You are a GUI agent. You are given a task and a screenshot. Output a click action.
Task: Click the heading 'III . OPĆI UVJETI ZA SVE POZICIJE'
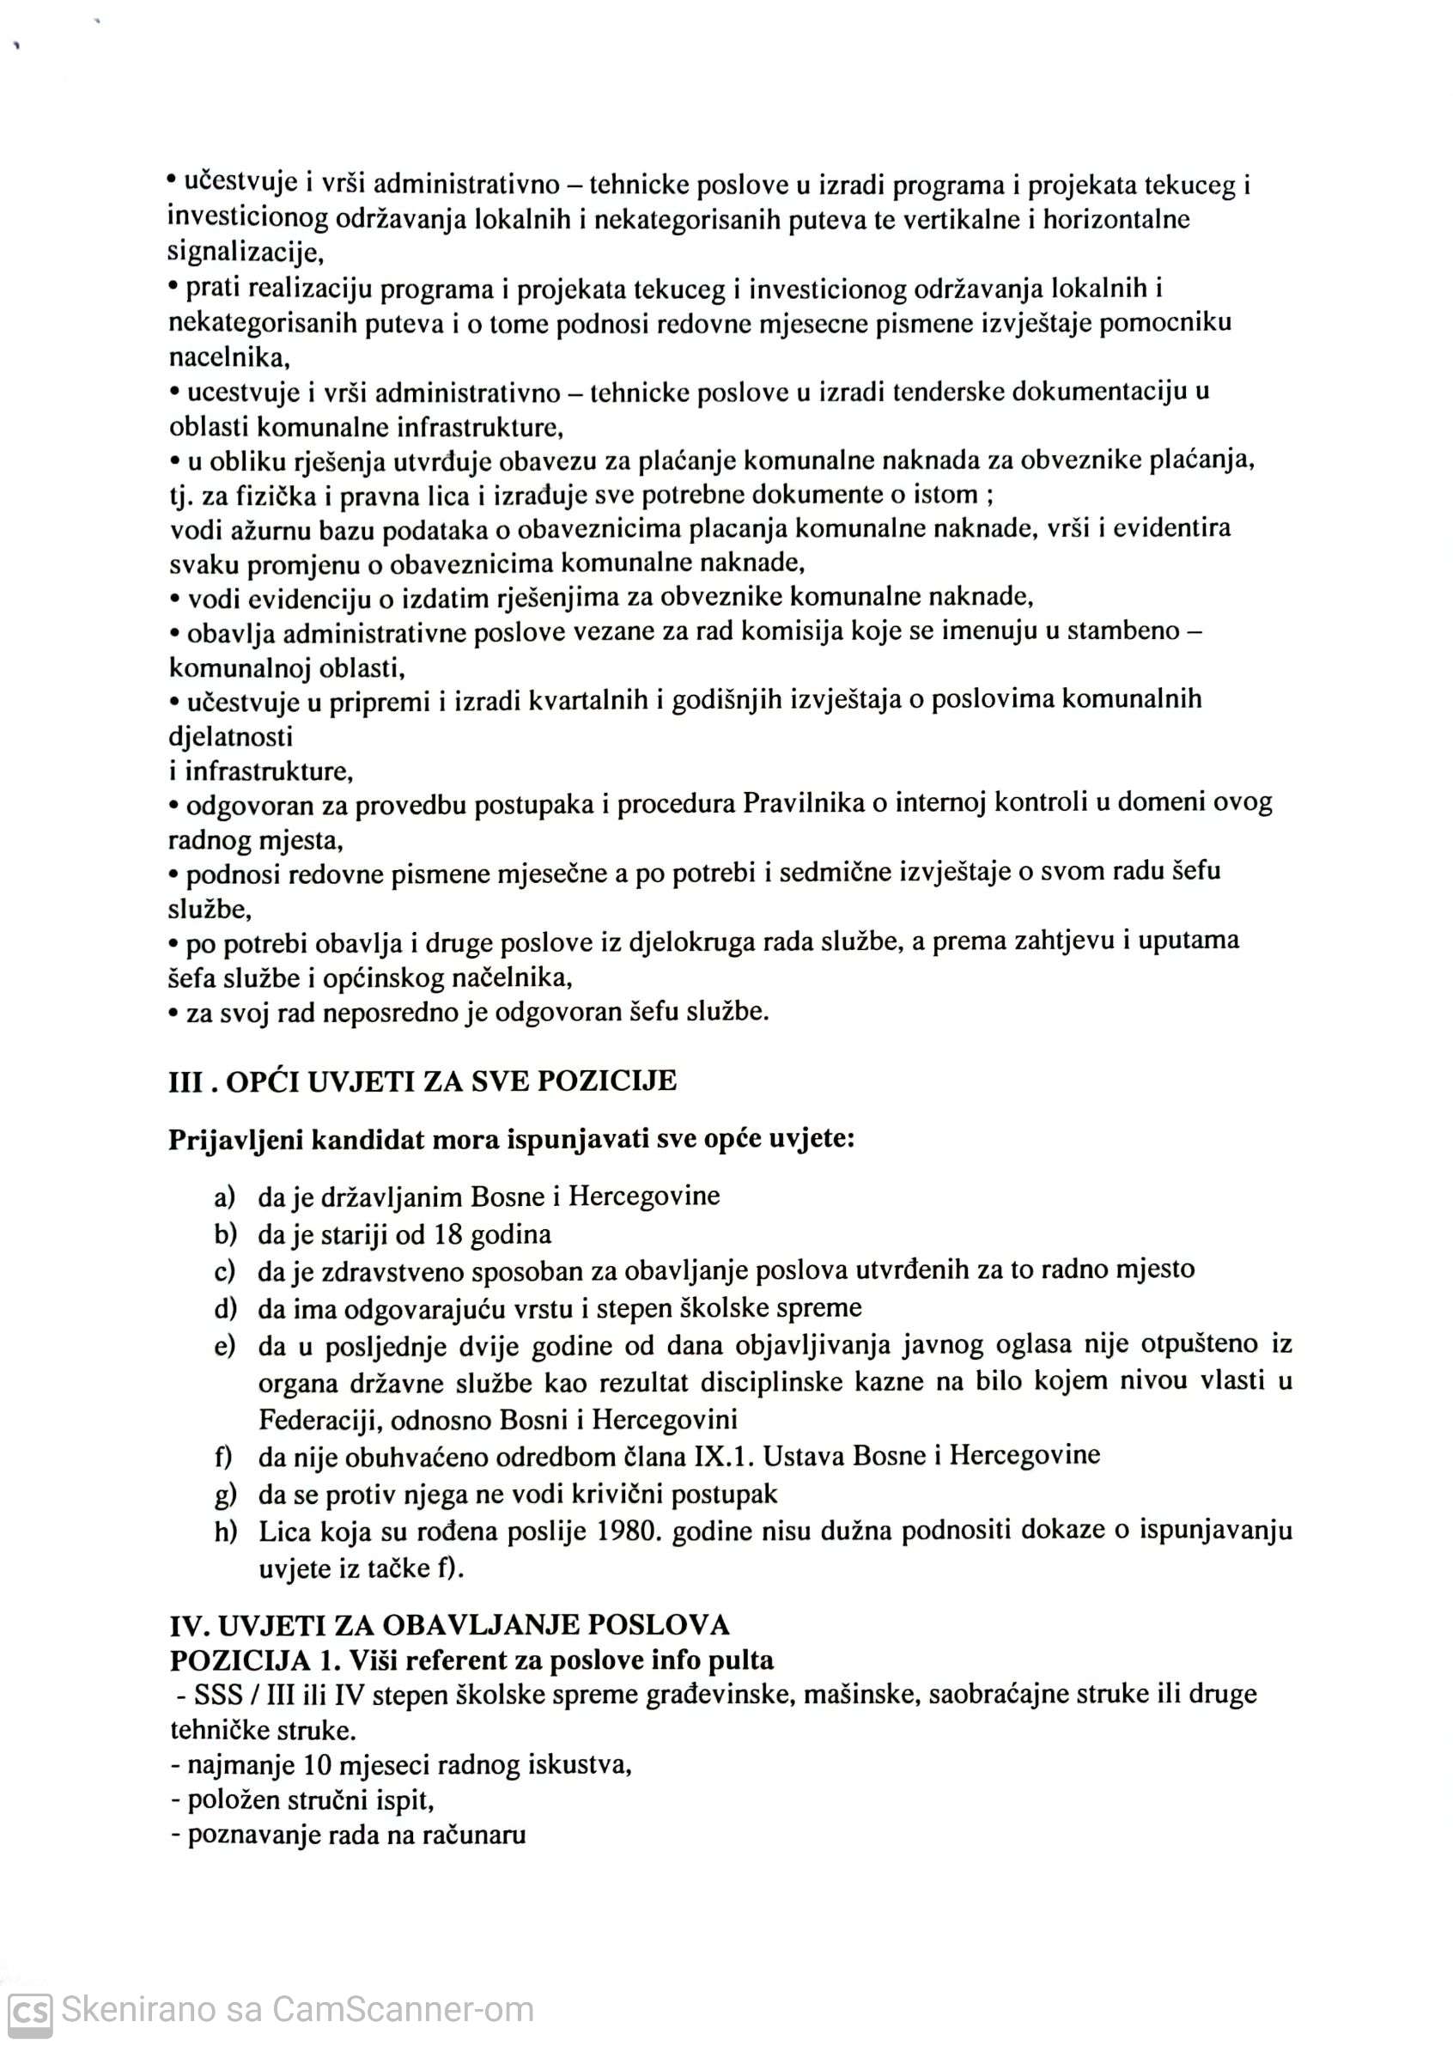pyautogui.click(x=423, y=1081)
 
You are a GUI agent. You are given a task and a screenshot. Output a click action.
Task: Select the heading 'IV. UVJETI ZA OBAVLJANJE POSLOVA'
pyautogui.click(x=449, y=1624)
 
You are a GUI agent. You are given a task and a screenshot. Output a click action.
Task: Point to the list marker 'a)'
pyautogui.click(x=225, y=1197)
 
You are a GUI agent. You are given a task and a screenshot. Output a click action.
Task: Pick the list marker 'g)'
pyautogui.click(x=225, y=1494)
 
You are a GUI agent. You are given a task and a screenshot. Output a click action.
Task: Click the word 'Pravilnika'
pyautogui.click(x=803, y=803)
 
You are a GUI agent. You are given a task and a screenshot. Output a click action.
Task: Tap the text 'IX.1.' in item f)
pyautogui.click(x=724, y=1455)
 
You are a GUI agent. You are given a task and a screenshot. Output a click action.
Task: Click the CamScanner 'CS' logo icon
pyautogui.click(x=28, y=2010)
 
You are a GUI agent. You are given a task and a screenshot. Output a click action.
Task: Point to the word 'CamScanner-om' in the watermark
pyautogui.click(x=403, y=2010)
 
